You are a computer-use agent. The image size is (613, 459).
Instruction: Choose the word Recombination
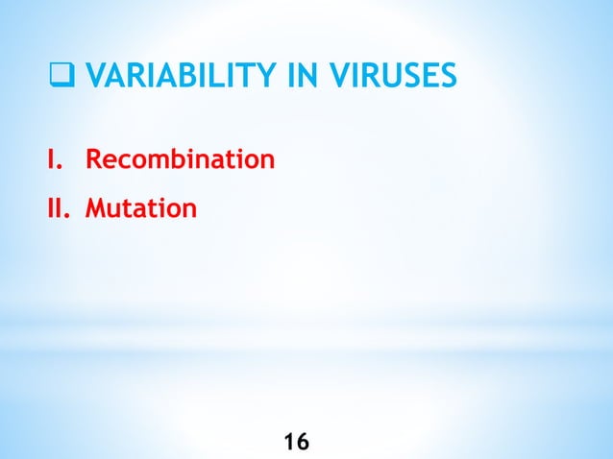[181, 158]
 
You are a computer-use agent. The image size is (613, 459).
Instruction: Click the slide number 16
[297, 442]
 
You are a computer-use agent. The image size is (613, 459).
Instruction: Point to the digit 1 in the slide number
[290, 442]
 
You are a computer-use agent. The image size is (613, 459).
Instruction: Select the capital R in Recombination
[94, 158]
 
